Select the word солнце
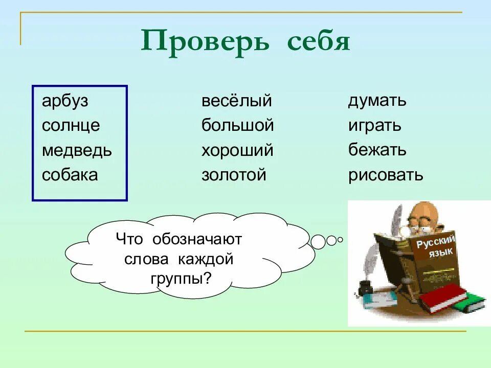(x=71, y=126)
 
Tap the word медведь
(x=77, y=150)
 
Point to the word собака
(x=70, y=175)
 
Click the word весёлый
(x=237, y=101)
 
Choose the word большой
(x=238, y=125)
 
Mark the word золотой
(x=234, y=175)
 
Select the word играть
(x=375, y=126)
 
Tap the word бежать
(x=377, y=150)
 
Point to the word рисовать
(x=386, y=175)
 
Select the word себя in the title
(x=319, y=42)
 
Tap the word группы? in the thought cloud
(x=181, y=279)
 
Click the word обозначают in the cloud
(x=197, y=239)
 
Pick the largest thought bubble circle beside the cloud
(x=318, y=242)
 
